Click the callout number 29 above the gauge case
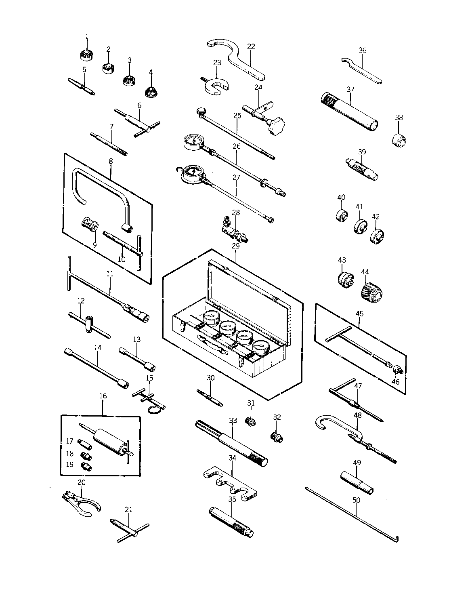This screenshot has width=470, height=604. click(x=236, y=245)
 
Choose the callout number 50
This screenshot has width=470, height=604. click(x=356, y=500)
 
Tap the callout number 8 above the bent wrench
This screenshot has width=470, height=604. click(x=111, y=161)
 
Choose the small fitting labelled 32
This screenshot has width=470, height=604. click(x=277, y=436)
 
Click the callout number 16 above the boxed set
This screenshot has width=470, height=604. click(x=103, y=396)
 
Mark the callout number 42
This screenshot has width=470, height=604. click(x=376, y=217)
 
